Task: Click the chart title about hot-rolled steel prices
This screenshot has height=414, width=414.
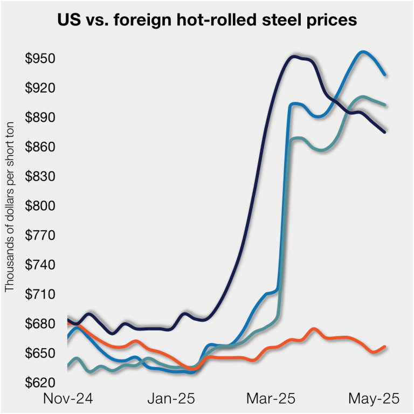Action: point(207,21)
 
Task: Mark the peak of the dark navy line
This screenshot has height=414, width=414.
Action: point(294,56)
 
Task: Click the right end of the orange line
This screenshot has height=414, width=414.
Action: point(385,347)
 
